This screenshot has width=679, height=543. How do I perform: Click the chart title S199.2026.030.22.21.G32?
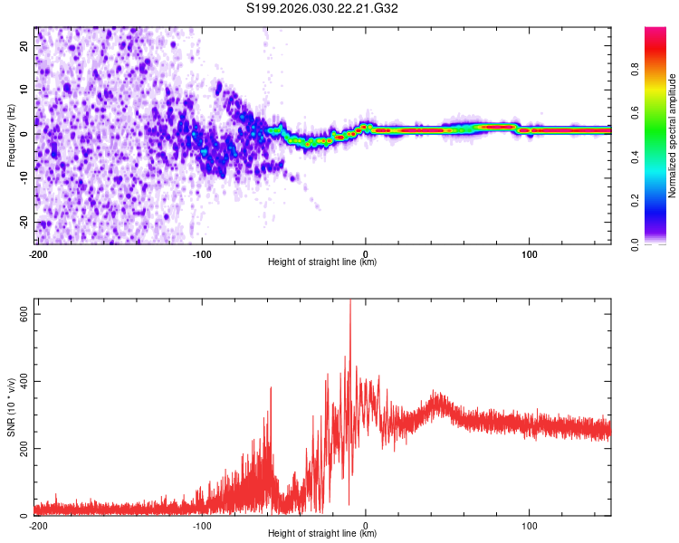[x=323, y=9]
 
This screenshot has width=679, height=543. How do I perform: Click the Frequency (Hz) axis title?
[x=11, y=136]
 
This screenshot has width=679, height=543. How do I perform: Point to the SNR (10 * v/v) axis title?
[x=11, y=407]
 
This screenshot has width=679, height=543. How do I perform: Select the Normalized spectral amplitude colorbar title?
[x=672, y=136]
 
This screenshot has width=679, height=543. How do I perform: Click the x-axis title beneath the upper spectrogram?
[x=323, y=263]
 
